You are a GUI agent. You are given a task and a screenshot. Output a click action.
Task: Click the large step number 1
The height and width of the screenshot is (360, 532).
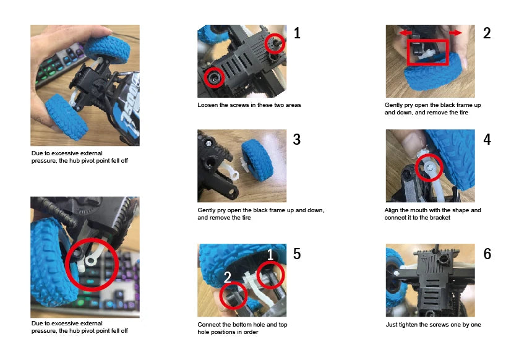(x=297, y=33)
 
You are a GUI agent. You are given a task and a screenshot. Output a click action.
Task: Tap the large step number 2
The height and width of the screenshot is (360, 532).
(x=487, y=33)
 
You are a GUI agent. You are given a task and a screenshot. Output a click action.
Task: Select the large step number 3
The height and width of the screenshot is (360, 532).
(x=297, y=139)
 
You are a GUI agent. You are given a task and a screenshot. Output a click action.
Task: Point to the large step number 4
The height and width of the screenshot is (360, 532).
(x=487, y=139)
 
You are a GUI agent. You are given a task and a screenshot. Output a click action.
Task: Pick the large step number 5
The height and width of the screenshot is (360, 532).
(x=297, y=254)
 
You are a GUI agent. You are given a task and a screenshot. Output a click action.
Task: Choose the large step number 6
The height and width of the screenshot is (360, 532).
(x=487, y=254)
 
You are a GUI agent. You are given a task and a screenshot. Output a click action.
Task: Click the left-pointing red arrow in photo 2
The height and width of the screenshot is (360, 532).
(x=405, y=33)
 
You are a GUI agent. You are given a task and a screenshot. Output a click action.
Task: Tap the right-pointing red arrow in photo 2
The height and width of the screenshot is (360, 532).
(x=456, y=33)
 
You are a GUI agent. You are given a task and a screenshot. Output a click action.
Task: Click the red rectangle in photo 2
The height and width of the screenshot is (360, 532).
(x=408, y=53)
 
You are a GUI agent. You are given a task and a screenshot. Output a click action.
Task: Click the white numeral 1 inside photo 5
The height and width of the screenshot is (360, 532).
(x=270, y=254)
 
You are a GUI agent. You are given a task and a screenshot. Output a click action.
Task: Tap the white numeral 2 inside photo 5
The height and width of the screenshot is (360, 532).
(x=227, y=277)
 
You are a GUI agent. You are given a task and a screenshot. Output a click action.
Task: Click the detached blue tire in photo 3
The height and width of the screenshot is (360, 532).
(x=257, y=160)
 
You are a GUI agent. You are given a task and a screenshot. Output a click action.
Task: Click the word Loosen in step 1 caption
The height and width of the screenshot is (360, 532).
(x=208, y=105)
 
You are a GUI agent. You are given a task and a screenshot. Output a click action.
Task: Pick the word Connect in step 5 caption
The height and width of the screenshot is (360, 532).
(x=209, y=325)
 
